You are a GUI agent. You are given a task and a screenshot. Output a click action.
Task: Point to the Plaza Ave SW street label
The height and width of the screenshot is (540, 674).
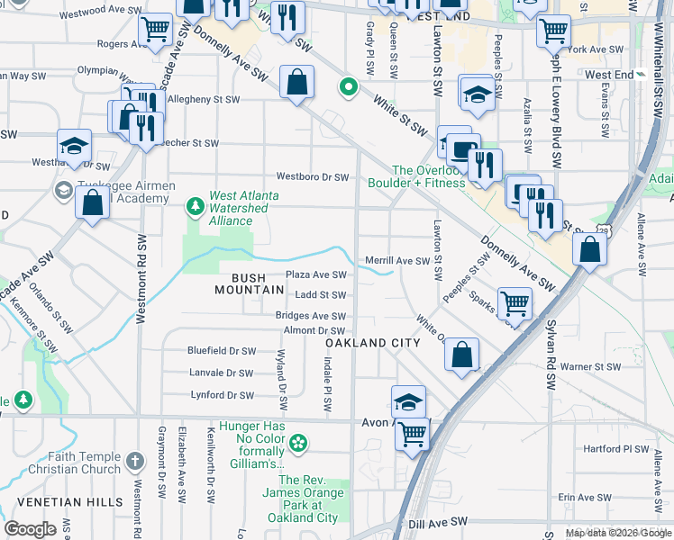315,274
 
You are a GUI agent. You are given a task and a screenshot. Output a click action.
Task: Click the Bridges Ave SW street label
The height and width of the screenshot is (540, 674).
311,316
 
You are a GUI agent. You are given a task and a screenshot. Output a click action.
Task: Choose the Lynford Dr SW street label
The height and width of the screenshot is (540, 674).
222,395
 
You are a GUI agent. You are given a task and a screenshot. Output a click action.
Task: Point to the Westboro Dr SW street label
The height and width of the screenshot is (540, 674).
312,177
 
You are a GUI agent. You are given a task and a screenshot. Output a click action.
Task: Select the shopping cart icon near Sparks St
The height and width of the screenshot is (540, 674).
515,303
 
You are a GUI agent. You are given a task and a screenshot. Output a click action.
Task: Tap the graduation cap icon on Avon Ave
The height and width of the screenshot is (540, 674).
408,401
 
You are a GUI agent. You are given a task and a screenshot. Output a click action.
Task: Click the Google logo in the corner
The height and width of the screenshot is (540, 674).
31,529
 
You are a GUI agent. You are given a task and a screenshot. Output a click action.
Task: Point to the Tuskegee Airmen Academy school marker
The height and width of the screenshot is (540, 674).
64,189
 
